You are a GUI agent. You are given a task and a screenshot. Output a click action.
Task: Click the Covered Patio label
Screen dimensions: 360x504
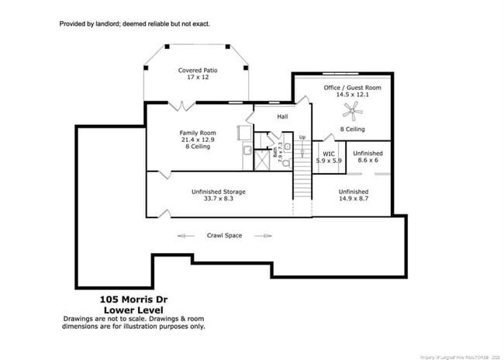click(197, 71)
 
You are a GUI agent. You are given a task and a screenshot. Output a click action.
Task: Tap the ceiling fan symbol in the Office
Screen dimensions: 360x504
click(354, 112)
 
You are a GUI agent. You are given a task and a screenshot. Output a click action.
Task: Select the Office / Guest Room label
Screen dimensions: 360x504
click(352, 88)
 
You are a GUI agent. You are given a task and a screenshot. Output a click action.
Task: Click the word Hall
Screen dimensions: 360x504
click(282, 117)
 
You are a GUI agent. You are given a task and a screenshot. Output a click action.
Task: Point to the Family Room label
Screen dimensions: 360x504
click(198, 133)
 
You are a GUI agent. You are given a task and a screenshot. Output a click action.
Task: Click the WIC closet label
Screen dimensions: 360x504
click(329, 154)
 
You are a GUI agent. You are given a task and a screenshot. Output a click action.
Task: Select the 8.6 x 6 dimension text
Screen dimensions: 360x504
click(368, 161)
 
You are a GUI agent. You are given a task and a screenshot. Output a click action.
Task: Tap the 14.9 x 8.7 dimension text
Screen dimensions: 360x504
click(353, 199)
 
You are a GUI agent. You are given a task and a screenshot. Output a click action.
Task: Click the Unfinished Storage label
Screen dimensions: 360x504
click(219, 192)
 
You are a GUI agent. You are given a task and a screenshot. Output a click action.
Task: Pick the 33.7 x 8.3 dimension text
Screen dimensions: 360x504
click(219, 199)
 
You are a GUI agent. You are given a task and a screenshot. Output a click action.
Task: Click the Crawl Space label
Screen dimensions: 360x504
click(225, 235)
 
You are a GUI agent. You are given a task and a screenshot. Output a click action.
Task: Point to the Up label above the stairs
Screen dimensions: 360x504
click(302, 138)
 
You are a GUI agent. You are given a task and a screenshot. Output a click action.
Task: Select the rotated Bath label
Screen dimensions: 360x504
click(275, 153)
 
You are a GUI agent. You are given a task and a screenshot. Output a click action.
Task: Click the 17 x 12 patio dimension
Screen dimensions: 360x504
click(197, 78)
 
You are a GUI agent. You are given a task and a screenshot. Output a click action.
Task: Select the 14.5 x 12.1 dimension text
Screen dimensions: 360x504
click(352, 95)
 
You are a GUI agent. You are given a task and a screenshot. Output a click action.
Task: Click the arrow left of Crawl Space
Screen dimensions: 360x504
click(186, 235)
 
